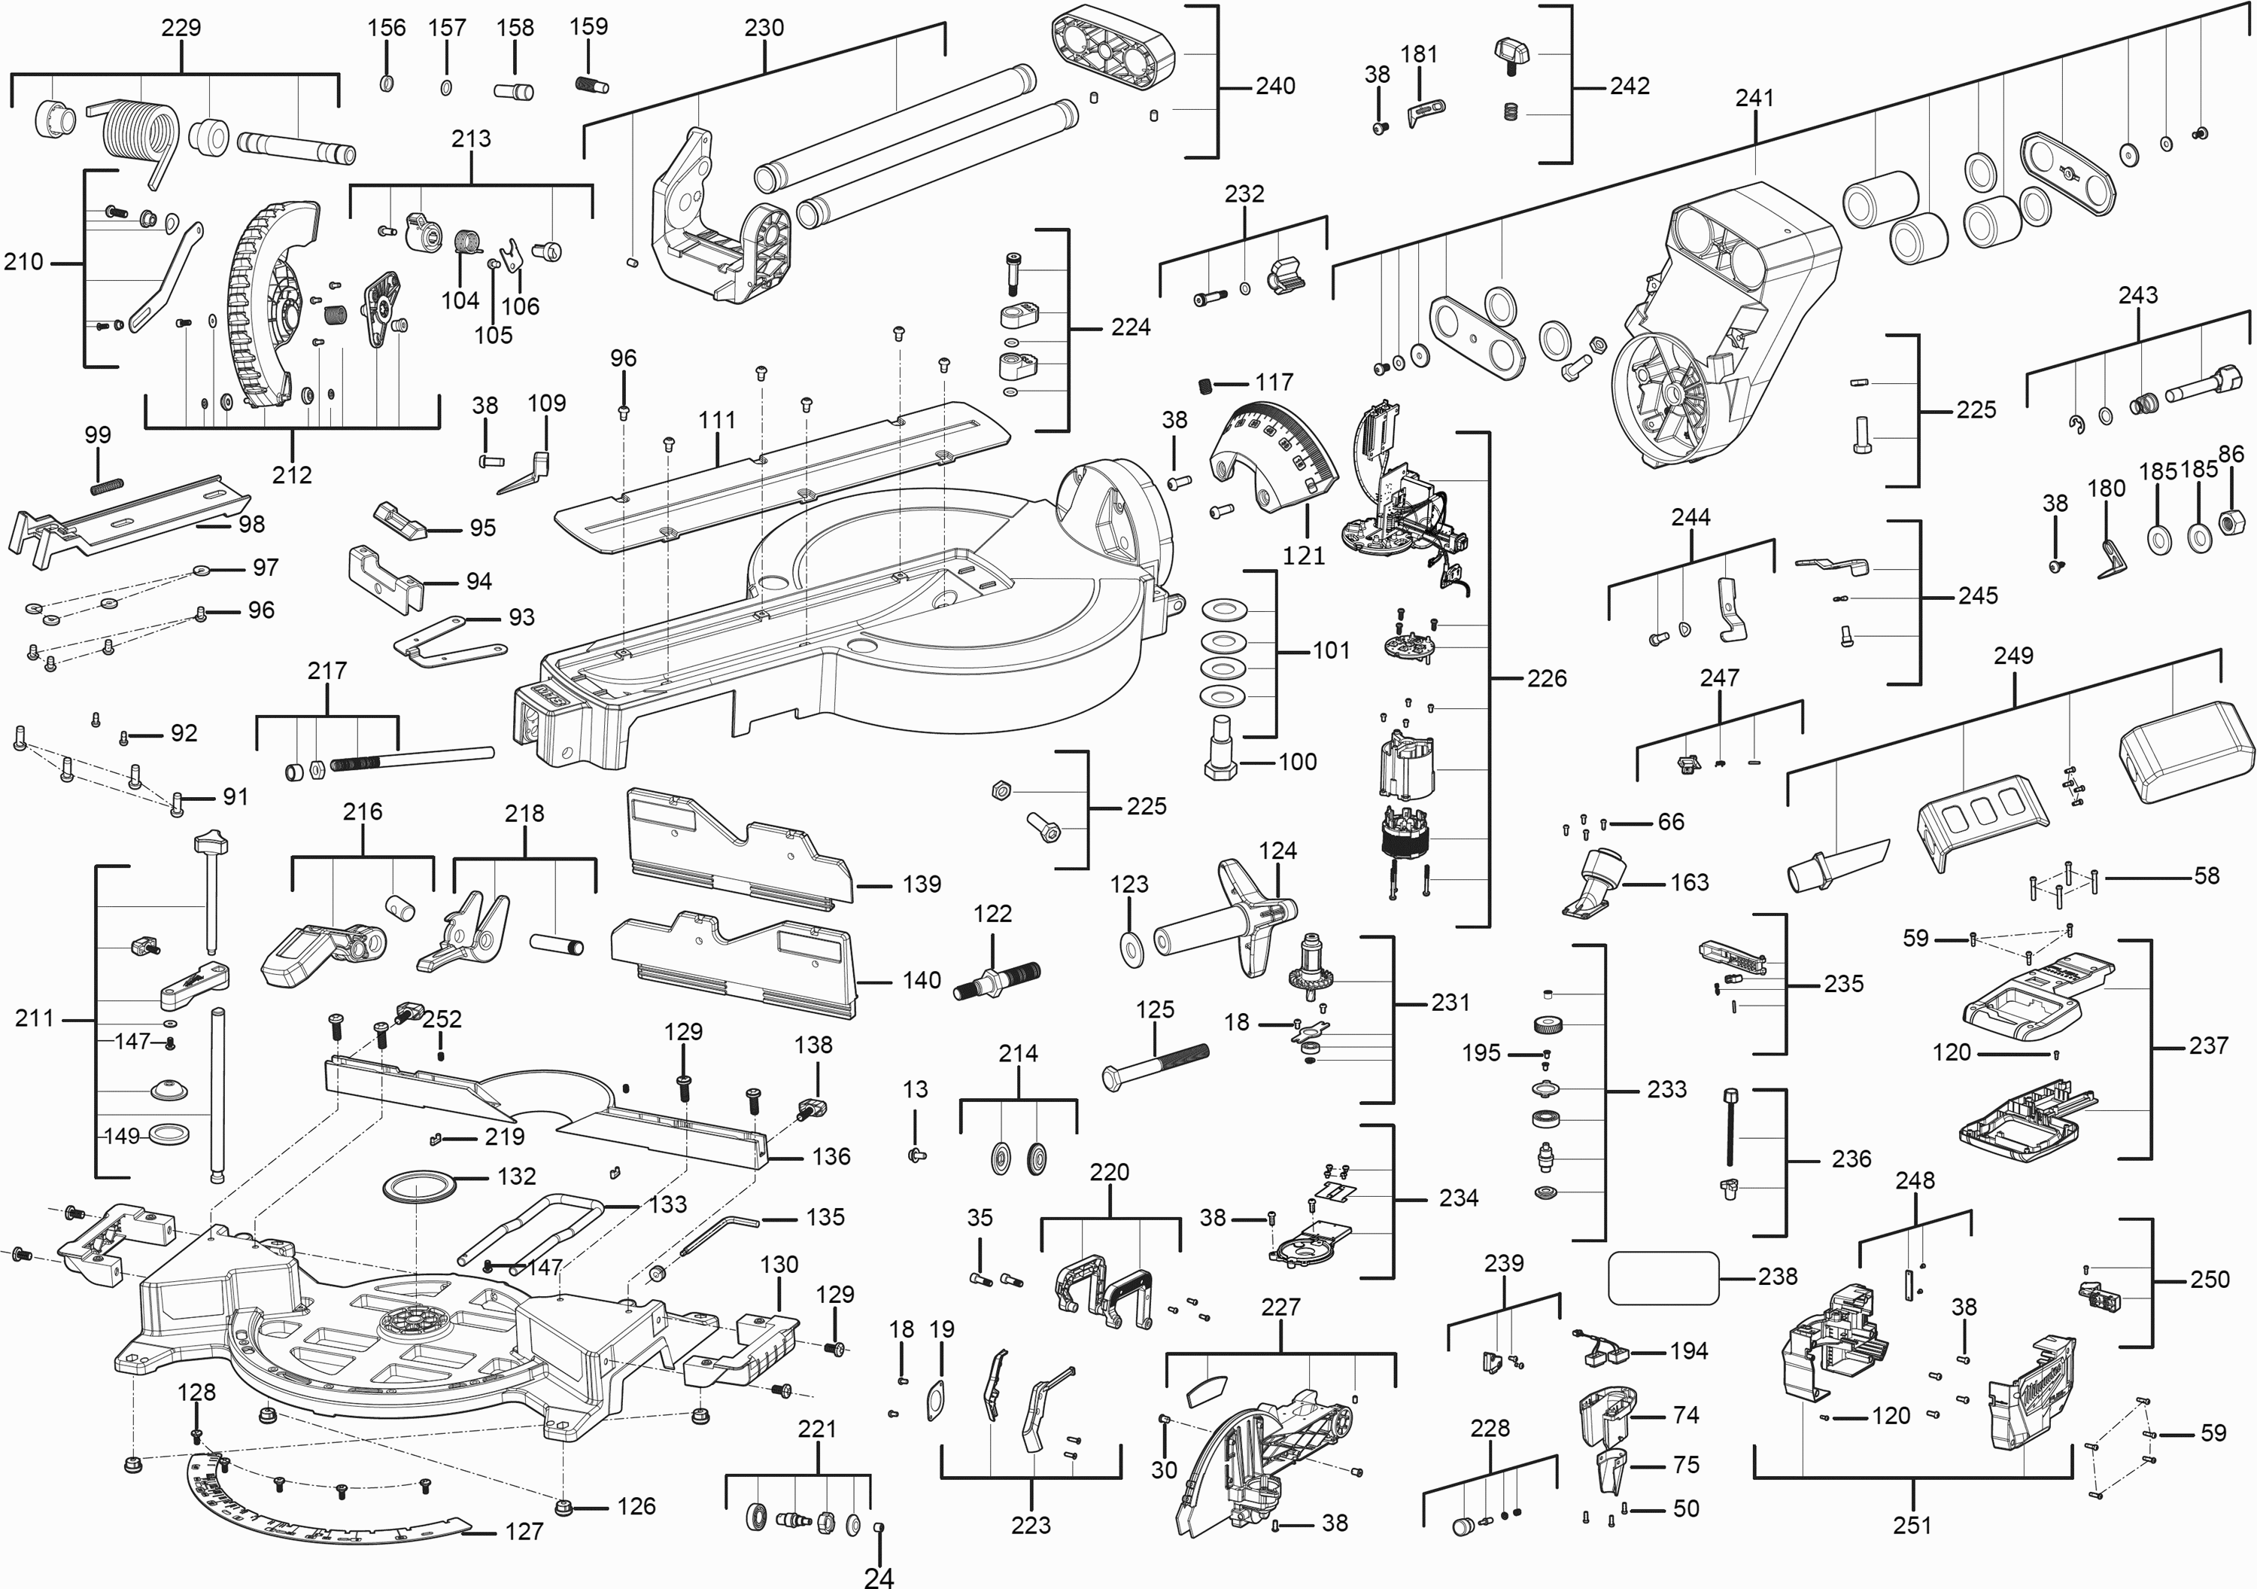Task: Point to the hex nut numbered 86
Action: pyautogui.click(x=2232, y=517)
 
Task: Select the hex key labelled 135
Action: pyautogui.click(x=718, y=1233)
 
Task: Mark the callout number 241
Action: pyautogui.click(x=1754, y=97)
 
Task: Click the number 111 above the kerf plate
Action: pyautogui.click(x=717, y=420)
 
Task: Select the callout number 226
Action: pyautogui.click(x=1546, y=678)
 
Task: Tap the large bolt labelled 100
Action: pyautogui.click(x=1220, y=748)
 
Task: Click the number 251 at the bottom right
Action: pyautogui.click(x=1912, y=1525)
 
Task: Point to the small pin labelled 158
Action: pyautogui.click(x=514, y=91)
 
